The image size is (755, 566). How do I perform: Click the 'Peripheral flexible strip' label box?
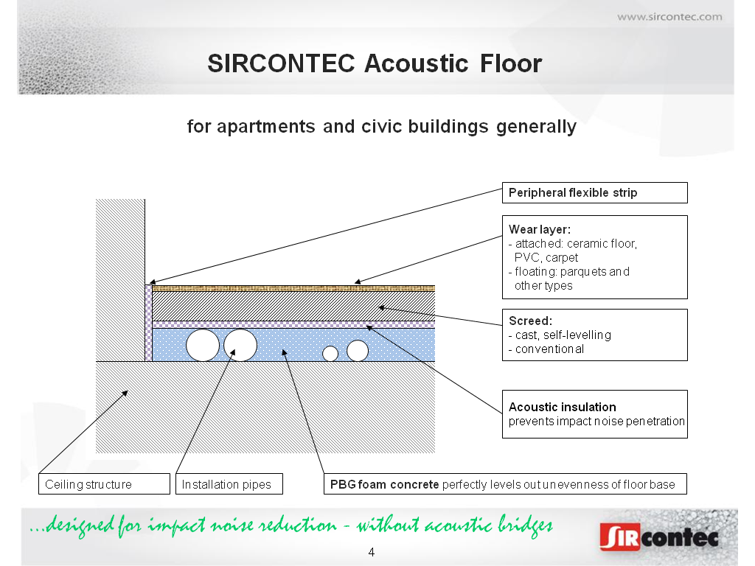tap(595, 192)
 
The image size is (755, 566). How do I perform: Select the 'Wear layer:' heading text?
tap(539, 230)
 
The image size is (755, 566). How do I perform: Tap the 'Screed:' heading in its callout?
tap(531, 321)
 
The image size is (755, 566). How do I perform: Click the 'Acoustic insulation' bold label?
tap(563, 407)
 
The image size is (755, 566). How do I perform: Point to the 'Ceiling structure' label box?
tap(104, 483)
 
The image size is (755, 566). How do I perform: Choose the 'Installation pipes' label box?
tap(229, 483)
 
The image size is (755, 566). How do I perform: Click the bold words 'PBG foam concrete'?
tap(384, 484)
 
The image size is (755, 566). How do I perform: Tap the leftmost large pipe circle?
tap(203, 345)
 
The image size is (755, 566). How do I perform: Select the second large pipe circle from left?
tap(240, 345)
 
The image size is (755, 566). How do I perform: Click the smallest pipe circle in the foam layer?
tap(330, 354)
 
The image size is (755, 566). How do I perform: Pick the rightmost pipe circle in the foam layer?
tap(358, 351)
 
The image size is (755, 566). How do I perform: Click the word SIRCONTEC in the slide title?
tap(281, 63)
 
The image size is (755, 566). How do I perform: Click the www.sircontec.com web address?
tap(669, 17)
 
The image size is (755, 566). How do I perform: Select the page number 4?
tap(372, 552)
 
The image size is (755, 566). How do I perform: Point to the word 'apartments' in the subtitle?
tap(265, 127)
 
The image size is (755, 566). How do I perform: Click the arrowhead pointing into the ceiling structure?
tap(125, 394)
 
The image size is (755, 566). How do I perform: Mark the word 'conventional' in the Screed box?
tap(549, 349)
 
